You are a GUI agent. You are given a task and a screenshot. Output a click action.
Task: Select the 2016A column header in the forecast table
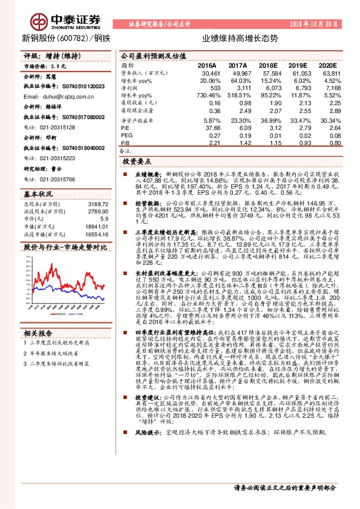pos(207,64)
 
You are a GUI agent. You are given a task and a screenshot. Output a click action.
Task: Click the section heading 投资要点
pos(137,162)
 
